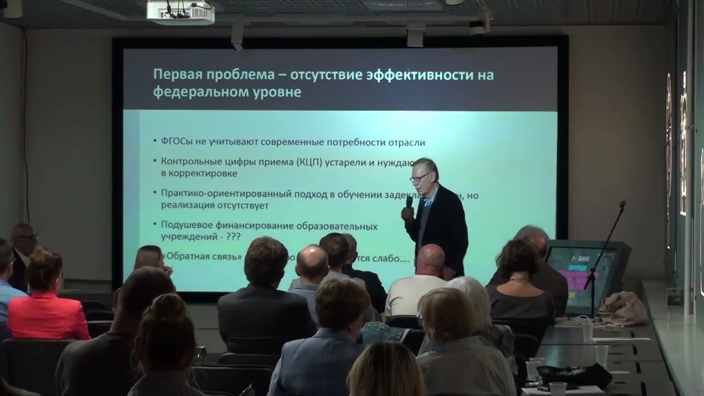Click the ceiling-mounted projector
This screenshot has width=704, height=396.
pos(180,12)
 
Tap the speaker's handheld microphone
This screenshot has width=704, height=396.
pos(409,202)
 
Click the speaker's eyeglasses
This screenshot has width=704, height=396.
pos(420,178)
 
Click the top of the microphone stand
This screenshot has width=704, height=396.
pos(623,204)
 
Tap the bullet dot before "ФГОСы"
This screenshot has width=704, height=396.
pos(155,143)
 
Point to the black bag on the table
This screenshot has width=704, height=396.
pos(575,376)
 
